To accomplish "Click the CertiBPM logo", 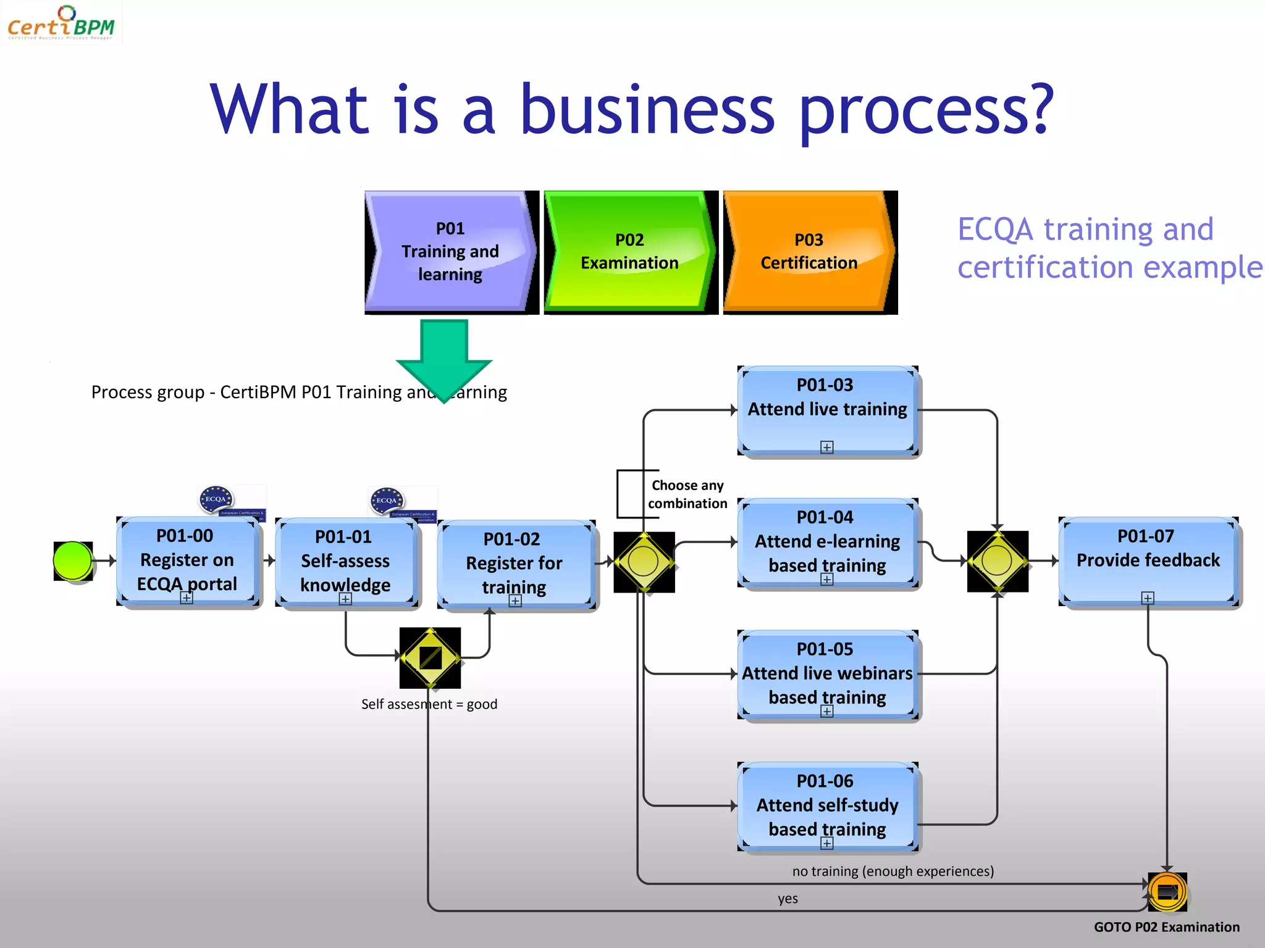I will click(x=61, y=23).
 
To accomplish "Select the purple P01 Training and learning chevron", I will click(x=450, y=252).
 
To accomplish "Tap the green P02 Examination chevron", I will click(x=629, y=252).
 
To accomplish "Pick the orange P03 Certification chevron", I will click(x=808, y=252).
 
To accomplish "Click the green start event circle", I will click(x=73, y=560).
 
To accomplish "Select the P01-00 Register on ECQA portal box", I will click(x=187, y=560).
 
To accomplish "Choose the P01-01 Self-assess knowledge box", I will click(x=345, y=562).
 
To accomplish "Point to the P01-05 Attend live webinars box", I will click(x=827, y=674).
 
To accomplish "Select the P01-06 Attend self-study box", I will click(x=827, y=806).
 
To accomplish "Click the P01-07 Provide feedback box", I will click(x=1148, y=560).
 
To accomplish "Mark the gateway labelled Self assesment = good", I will click(x=430, y=658).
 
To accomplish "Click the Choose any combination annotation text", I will click(x=687, y=494).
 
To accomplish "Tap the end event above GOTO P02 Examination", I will click(x=1167, y=891).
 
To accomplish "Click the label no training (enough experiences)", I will click(x=893, y=871).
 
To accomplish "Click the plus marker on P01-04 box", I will click(x=827, y=579).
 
